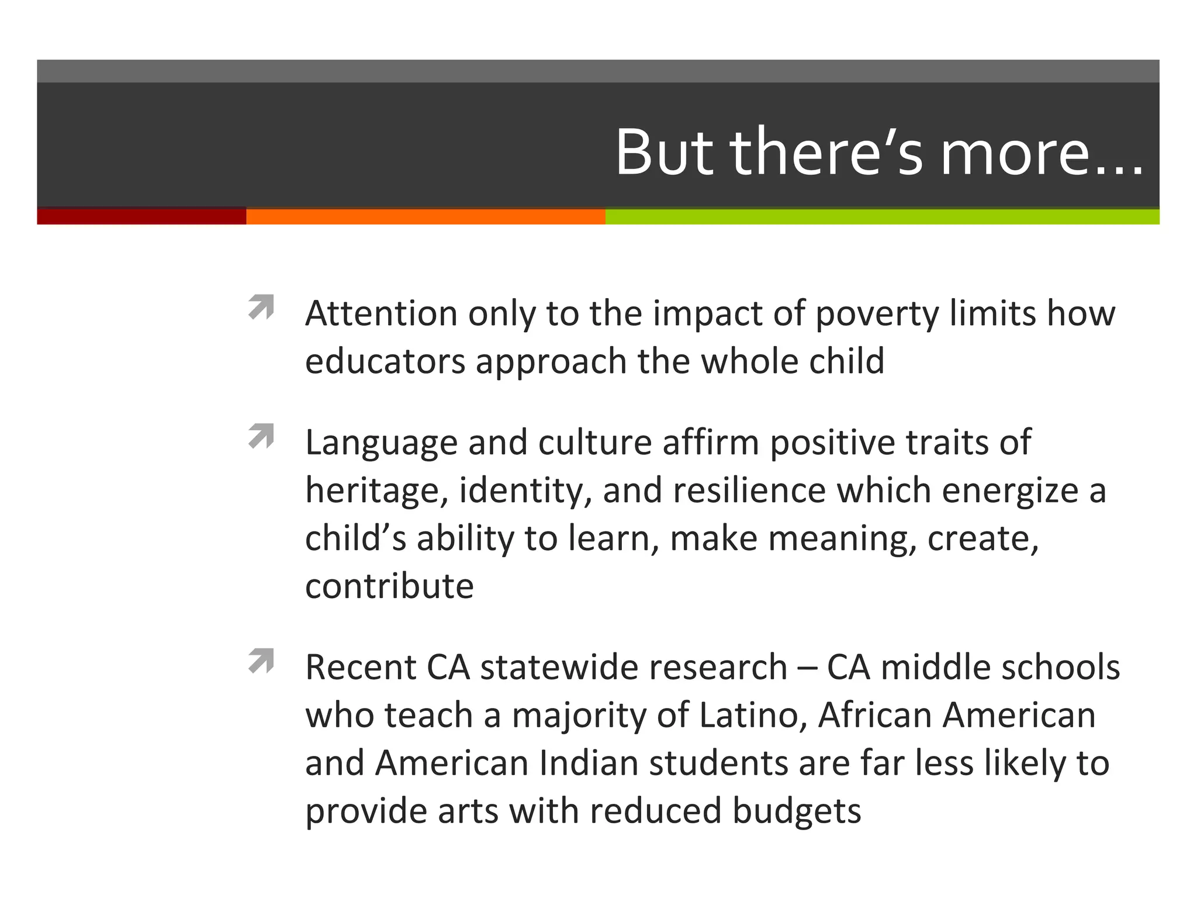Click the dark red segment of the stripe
click(141, 216)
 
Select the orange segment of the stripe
click(425, 216)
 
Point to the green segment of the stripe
click(882, 216)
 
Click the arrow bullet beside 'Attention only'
click(261, 307)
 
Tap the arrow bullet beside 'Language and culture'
click(261, 436)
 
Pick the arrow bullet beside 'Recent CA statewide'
click(261, 661)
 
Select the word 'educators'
click(385, 361)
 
